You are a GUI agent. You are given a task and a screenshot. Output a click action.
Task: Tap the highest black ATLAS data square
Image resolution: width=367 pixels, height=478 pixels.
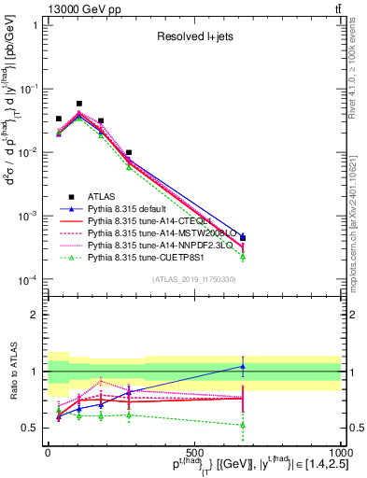[x=79, y=104]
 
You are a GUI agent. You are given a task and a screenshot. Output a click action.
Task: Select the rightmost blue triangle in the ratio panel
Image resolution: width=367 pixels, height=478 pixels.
[x=243, y=366]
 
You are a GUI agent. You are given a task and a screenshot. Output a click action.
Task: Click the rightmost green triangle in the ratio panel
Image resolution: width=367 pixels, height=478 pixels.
[x=243, y=425]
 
